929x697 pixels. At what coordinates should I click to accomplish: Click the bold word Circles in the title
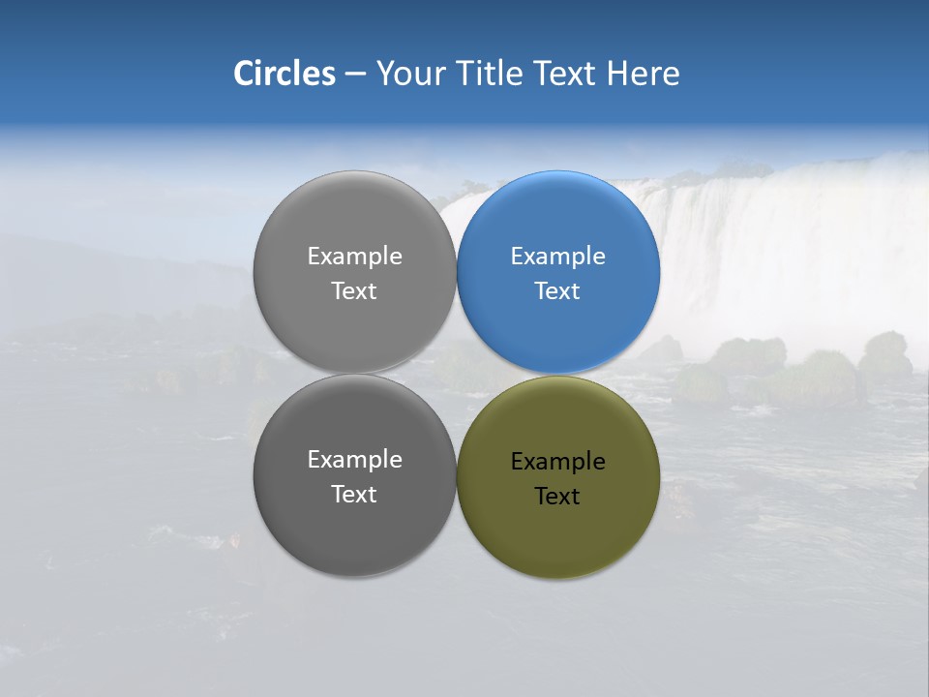pos(284,73)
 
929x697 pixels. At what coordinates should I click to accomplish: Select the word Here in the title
pos(643,73)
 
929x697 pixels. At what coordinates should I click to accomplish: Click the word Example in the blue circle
pos(558,256)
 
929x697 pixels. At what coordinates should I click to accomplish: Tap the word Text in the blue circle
pos(557,290)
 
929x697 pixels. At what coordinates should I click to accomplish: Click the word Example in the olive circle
pos(558,461)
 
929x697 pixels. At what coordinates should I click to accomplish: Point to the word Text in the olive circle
pos(557,496)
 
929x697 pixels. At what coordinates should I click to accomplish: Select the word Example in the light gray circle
pos(354,256)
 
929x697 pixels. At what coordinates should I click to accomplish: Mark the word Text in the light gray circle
pos(354,290)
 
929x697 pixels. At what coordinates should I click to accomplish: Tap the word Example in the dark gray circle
pos(354,459)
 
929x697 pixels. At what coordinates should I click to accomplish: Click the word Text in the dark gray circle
pos(354,494)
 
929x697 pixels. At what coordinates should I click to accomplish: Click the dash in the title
pos(355,74)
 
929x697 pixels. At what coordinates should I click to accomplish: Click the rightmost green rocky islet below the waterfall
pos(884,355)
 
